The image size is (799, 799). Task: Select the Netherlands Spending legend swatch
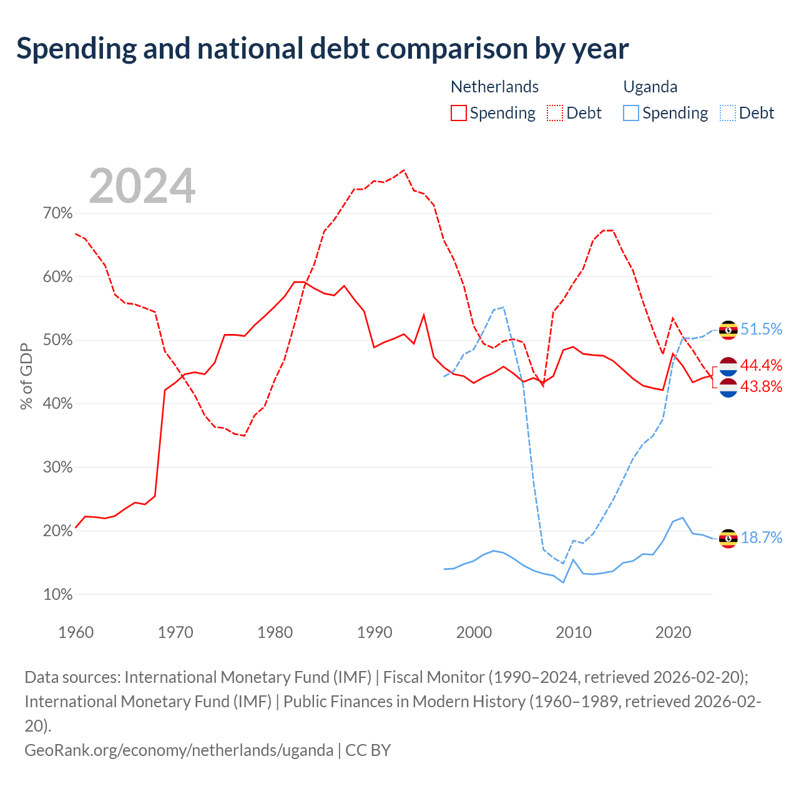pyautogui.click(x=459, y=113)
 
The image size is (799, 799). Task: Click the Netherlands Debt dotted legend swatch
pyautogui.click(x=555, y=113)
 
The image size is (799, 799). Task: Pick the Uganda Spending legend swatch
pyautogui.click(x=631, y=113)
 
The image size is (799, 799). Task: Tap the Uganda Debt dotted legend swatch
pyautogui.click(x=728, y=113)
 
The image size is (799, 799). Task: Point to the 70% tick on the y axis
pyautogui.click(x=57, y=213)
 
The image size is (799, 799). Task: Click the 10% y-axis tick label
pyautogui.click(x=57, y=595)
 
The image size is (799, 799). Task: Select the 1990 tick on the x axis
pyautogui.click(x=375, y=632)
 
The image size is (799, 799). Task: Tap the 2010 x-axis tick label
pyautogui.click(x=574, y=632)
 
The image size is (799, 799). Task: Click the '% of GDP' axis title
pyautogui.click(x=26, y=376)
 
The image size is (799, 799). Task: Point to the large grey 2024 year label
pyautogui.click(x=142, y=186)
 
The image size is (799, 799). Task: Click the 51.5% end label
pyautogui.click(x=762, y=329)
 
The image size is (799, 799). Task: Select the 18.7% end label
pyautogui.click(x=762, y=537)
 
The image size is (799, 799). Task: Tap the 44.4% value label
pyautogui.click(x=762, y=365)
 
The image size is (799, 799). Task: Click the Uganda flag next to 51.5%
pyautogui.click(x=728, y=330)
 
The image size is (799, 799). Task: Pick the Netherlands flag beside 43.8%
pyautogui.click(x=728, y=388)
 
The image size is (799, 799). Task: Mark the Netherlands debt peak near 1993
pyautogui.click(x=404, y=170)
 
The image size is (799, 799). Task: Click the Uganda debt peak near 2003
pyautogui.click(x=504, y=307)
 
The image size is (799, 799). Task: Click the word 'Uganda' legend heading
pyautogui.click(x=650, y=87)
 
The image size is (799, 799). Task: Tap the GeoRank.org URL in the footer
pyautogui.click(x=179, y=750)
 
